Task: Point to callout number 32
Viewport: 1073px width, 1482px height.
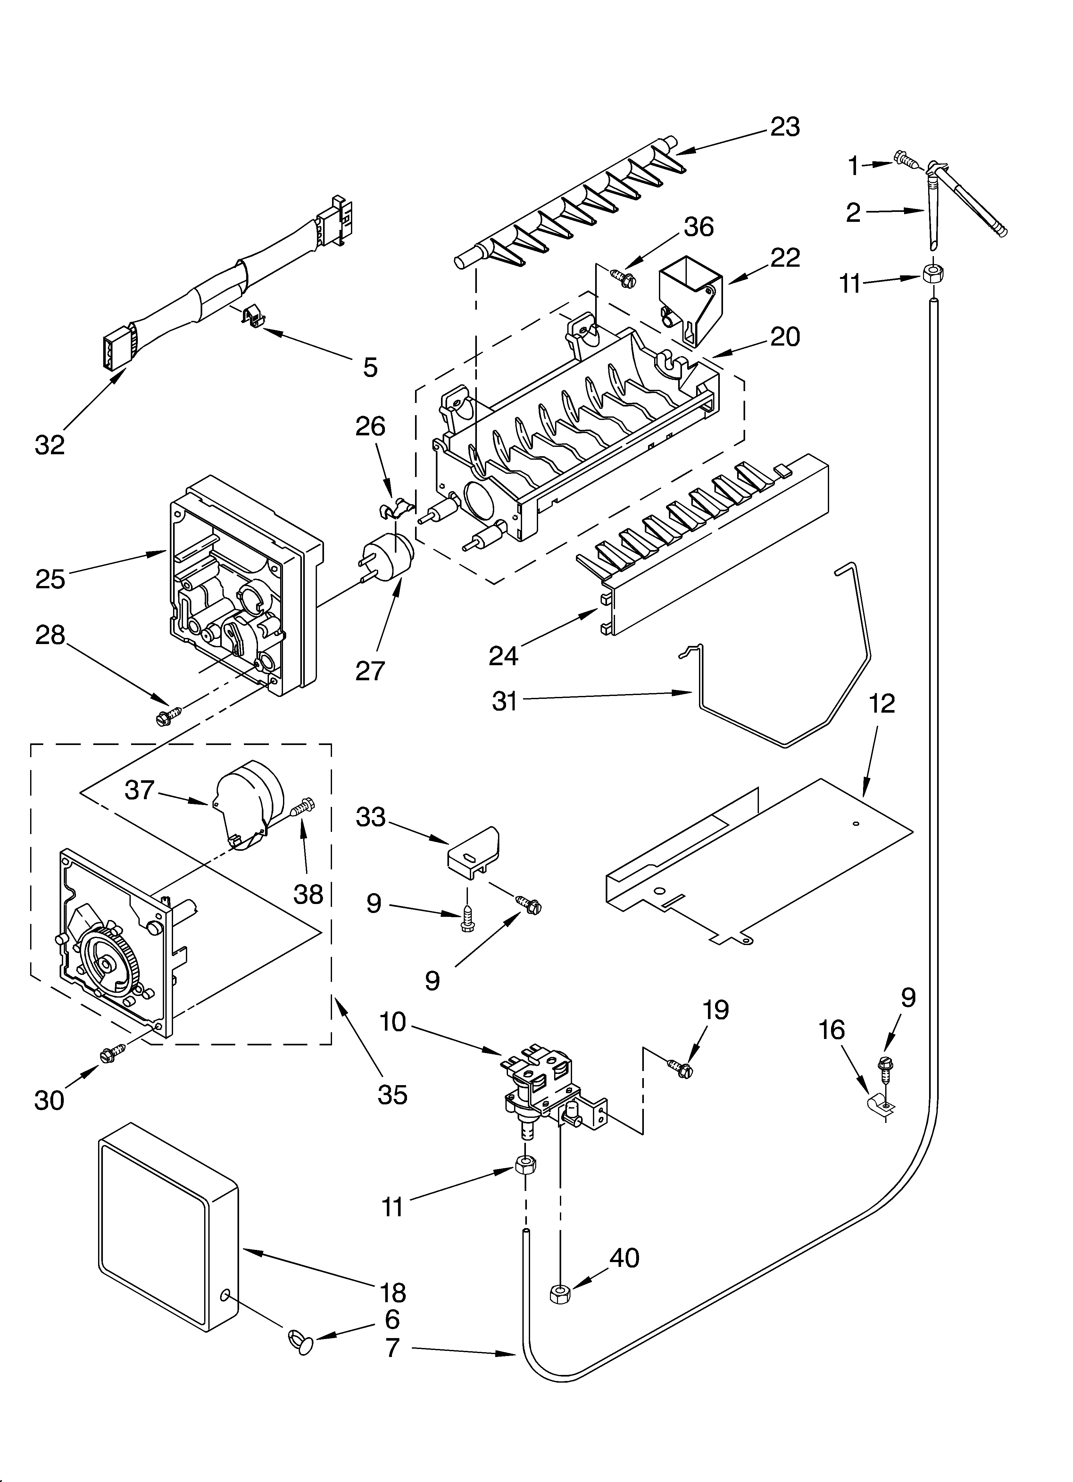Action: tap(50, 445)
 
